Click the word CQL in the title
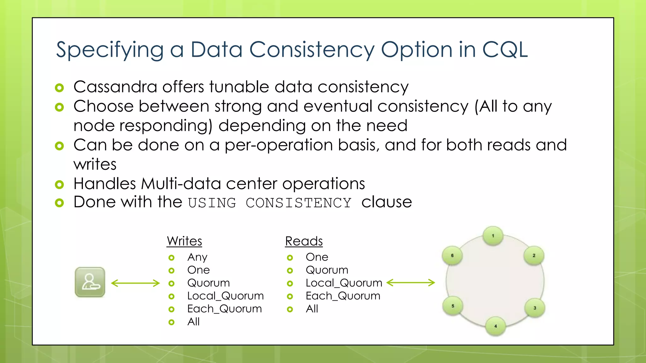coord(505,50)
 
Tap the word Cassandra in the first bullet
coord(115,87)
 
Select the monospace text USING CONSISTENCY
coord(269,203)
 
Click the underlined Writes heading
coord(184,241)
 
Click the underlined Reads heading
coord(304,241)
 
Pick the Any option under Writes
coord(197,257)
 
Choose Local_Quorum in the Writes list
coord(225,296)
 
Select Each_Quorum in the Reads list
coord(343,296)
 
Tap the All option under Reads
coord(312,309)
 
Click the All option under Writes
coord(193,322)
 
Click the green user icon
coord(90,282)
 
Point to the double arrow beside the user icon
coord(136,283)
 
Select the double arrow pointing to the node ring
coord(411,283)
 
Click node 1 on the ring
coord(493,236)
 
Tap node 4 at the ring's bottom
coord(496,326)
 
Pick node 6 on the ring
coord(452,256)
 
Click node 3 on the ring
coord(535,308)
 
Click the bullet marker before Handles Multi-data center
coord(59,185)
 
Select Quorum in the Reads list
coord(327,270)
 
